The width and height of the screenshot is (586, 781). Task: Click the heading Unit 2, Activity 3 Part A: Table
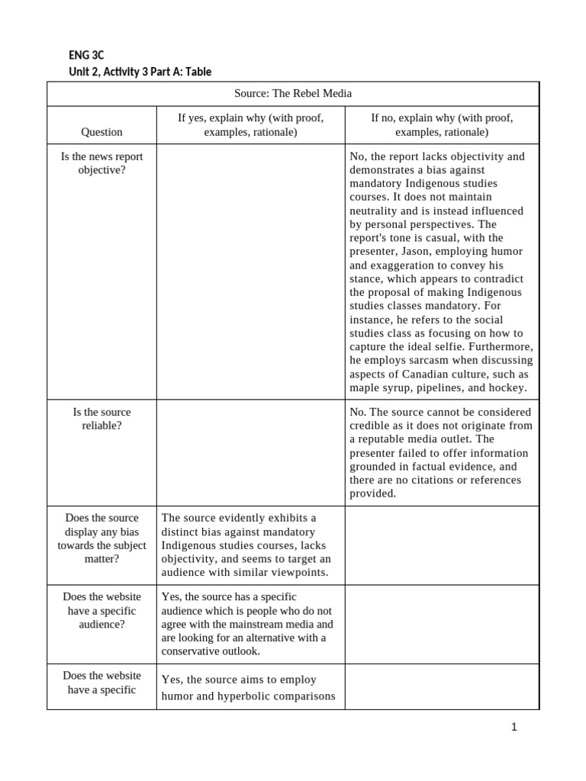click(x=140, y=72)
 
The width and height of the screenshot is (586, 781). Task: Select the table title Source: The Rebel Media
click(x=293, y=93)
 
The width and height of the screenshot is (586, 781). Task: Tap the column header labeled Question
click(x=101, y=132)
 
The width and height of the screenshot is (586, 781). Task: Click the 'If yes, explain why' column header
click(x=250, y=124)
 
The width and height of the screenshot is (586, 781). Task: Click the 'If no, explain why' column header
click(x=442, y=124)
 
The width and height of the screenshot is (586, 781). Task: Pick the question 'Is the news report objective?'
click(x=101, y=163)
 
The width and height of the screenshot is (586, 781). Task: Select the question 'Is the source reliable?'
click(x=101, y=419)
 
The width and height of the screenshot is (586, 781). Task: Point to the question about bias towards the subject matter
click(x=101, y=538)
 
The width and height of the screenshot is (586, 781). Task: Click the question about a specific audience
click(x=101, y=610)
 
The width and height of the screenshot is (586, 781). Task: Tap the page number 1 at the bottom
click(x=514, y=727)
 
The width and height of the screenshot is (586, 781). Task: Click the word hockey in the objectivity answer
click(x=508, y=387)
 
